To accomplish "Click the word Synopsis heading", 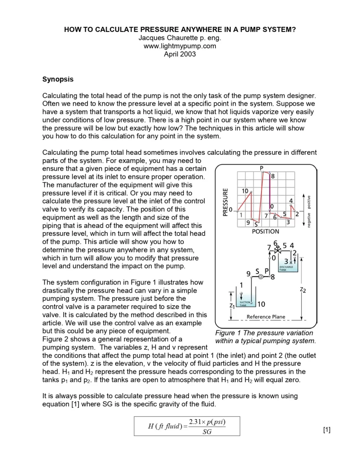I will pos(58,79).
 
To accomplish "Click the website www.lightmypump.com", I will pos(180,46).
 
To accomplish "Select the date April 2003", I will pos(180,54).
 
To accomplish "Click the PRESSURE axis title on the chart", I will pos(224,203).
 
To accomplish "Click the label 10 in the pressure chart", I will pos(245,191).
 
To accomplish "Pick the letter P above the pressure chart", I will pos(262,168).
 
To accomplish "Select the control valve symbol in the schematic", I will pos(275,248).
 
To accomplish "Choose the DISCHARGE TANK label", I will pos(286,268).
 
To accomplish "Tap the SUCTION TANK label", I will pos(245,304).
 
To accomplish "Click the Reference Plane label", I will pos(266,317).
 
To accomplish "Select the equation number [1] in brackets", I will pos(326,430).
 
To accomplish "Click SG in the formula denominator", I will pos(207,432).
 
